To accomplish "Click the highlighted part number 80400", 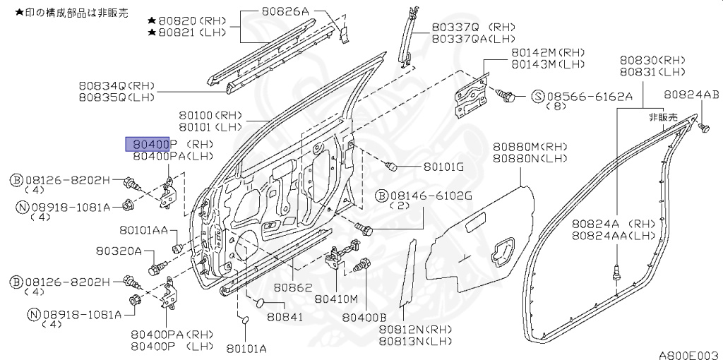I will pyautogui.click(x=147, y=144).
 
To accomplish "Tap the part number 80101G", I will pyautogui.click(x=443, y=168).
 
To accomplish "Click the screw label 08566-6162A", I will pyautogui.click(x=590, y=95).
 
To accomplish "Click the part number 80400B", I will pyautogui.click(x=364, y=318).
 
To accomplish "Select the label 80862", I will pyautogui.click(x=293, y=288).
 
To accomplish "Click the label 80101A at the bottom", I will pyautogui.click(x=246, y=348).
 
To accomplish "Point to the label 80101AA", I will pyautogui.click(x=143, y=230).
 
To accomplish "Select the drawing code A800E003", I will pyautogui.click(x=688, y=354).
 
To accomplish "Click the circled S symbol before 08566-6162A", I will pyautogui.click(x=537, y=95).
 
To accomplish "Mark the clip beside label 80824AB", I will pyautogui.click(x=703, y=128).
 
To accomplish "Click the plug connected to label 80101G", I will pyautogui.click(x=393, y=167).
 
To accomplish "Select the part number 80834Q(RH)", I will pyautogui.click(x=116, y=85).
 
